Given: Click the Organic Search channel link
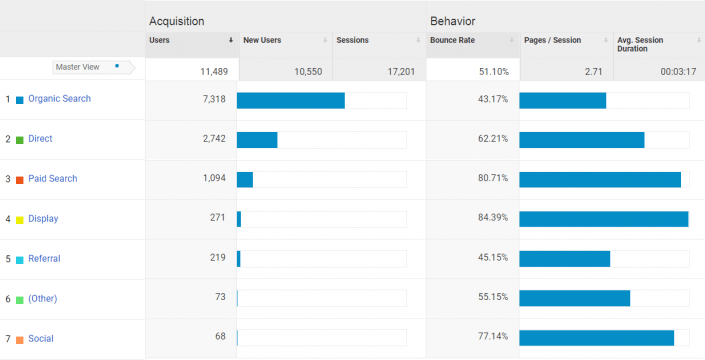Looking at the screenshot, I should pyautogui.click(x=59, y=99).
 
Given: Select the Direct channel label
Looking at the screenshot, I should pyautogui.click(x=40, y=139).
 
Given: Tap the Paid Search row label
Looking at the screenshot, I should pyautogui.click(x=52, y=179).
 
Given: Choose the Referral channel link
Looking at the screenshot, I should pyautogui.click(x=44, y=259).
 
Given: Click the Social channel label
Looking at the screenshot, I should pyautogui.click(x=40, y=339).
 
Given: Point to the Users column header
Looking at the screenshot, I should pyautogui.click(x=159, y=41).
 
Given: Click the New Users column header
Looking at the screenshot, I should pyautogui.click(x=262, y=41).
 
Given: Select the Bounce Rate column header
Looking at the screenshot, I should pyautogui.click(x=452, y=41).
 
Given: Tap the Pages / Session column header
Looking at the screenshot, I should pyautogui.click(x=552, y=41).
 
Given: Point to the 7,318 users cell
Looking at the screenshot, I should pyautogui.click(x=209, y=99).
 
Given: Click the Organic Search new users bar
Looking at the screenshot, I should pyautogui.click(x=290, y=100).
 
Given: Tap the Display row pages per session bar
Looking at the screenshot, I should pyautogui.click(x=603, y=219).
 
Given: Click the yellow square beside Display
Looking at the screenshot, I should pyautogui.click(x=20, y=220).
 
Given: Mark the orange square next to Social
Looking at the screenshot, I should pyautogui.click(x=20, y=340).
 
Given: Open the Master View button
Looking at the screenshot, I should pyautogui.click(x=87, y=67).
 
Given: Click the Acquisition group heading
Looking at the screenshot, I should pyautogui.click(x=178, y=21).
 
